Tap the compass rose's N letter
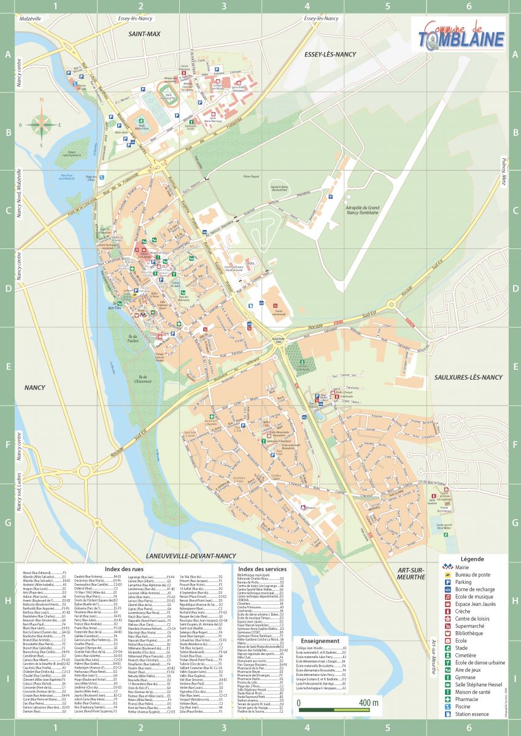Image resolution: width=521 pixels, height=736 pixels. pos(42,100)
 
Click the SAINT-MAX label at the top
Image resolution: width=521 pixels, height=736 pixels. pos(144,34)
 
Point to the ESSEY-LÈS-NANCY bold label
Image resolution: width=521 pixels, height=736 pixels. pos(330,55)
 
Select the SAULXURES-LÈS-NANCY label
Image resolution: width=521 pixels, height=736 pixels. pos(469,377)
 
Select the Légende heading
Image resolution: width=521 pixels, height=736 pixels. pos(471,559)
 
